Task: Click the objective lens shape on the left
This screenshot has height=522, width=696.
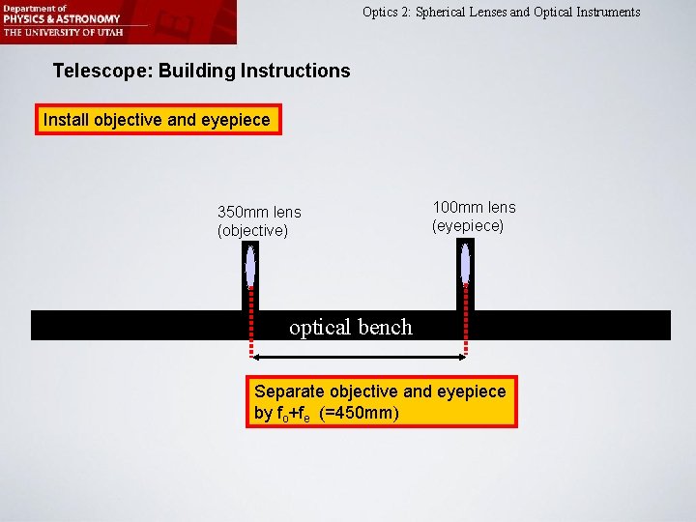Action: [x=250, y=265]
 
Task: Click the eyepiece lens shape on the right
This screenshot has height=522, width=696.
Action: [x=466, y=264]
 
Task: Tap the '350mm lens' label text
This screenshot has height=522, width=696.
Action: [x=259, y=212]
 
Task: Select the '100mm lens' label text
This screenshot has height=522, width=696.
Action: [x=474, y=207]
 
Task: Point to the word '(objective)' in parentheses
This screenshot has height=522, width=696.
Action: [x=252, y=230]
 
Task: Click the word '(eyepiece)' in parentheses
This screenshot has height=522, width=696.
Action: [x=468, y=225]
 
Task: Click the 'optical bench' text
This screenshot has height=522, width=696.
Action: [x=351, y=327]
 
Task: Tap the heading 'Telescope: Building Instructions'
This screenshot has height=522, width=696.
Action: [x=201, y=71]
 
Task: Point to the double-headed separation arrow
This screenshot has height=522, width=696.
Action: [x=358, y=358]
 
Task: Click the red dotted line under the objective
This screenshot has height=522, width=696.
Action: [x=250, y=324]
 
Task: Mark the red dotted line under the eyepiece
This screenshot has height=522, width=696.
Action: [x=466, y=324]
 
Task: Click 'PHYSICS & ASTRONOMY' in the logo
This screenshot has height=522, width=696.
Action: [x=61, y=18]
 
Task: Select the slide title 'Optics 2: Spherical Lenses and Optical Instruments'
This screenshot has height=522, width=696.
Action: [x=501, y=13]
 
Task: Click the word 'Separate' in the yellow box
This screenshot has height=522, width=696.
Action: [x=289, y=391]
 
